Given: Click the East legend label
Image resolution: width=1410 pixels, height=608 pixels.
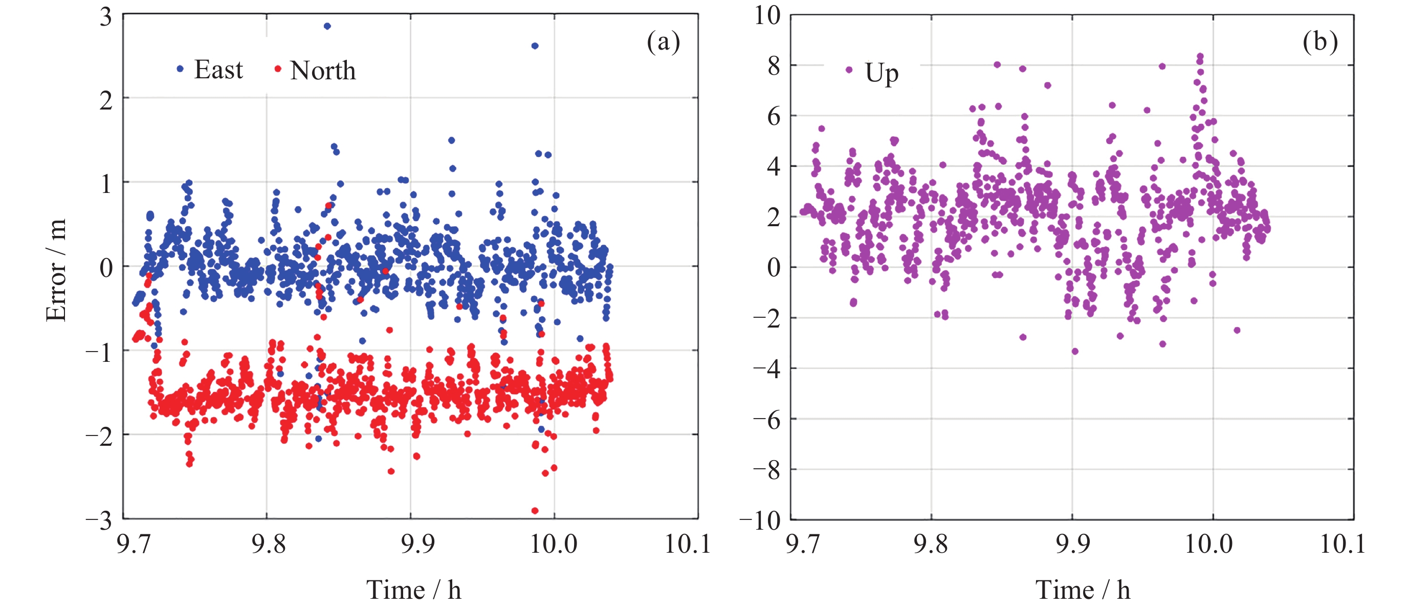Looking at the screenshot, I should (x=218, y=70).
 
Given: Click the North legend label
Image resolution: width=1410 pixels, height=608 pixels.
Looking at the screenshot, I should (x=323, y=71).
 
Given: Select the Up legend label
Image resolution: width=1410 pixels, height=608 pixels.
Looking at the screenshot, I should (x=881, y=73).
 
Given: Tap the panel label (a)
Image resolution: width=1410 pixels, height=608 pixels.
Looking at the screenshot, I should (x=663, y=41).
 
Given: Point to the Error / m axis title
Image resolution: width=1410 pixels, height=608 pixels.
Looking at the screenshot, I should (x=56, y=270).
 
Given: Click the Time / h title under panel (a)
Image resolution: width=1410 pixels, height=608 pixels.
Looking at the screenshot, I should (x=414, y=590).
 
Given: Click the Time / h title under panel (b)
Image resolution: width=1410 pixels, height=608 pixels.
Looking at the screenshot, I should (x=1083, y=590).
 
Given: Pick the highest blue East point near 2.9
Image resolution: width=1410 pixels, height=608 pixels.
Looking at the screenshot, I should (x=327, y=26).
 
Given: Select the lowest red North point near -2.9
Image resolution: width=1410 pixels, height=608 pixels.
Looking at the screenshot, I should (x=535, y=510).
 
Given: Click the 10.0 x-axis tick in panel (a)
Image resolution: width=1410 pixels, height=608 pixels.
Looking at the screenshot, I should (x=554, y=544).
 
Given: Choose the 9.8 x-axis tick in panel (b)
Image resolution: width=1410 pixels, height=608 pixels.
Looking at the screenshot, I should (x=931, y=544).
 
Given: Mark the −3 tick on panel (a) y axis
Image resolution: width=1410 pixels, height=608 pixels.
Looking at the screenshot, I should (x=99, y=519).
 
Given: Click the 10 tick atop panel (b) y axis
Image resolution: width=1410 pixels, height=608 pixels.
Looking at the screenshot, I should (x=767, y=15).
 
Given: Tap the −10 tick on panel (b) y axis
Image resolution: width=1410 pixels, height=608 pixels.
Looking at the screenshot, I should (x=760, y=520).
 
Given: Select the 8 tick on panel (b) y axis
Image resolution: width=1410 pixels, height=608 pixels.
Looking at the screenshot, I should (x=774, y=66).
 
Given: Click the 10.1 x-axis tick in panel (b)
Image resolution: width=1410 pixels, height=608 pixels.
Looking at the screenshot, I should (x=1342, y=544).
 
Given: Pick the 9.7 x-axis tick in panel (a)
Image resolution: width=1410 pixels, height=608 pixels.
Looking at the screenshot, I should (x=134, y=544).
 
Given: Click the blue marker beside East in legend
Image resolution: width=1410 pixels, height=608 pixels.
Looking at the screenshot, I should (x=180, y=69).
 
